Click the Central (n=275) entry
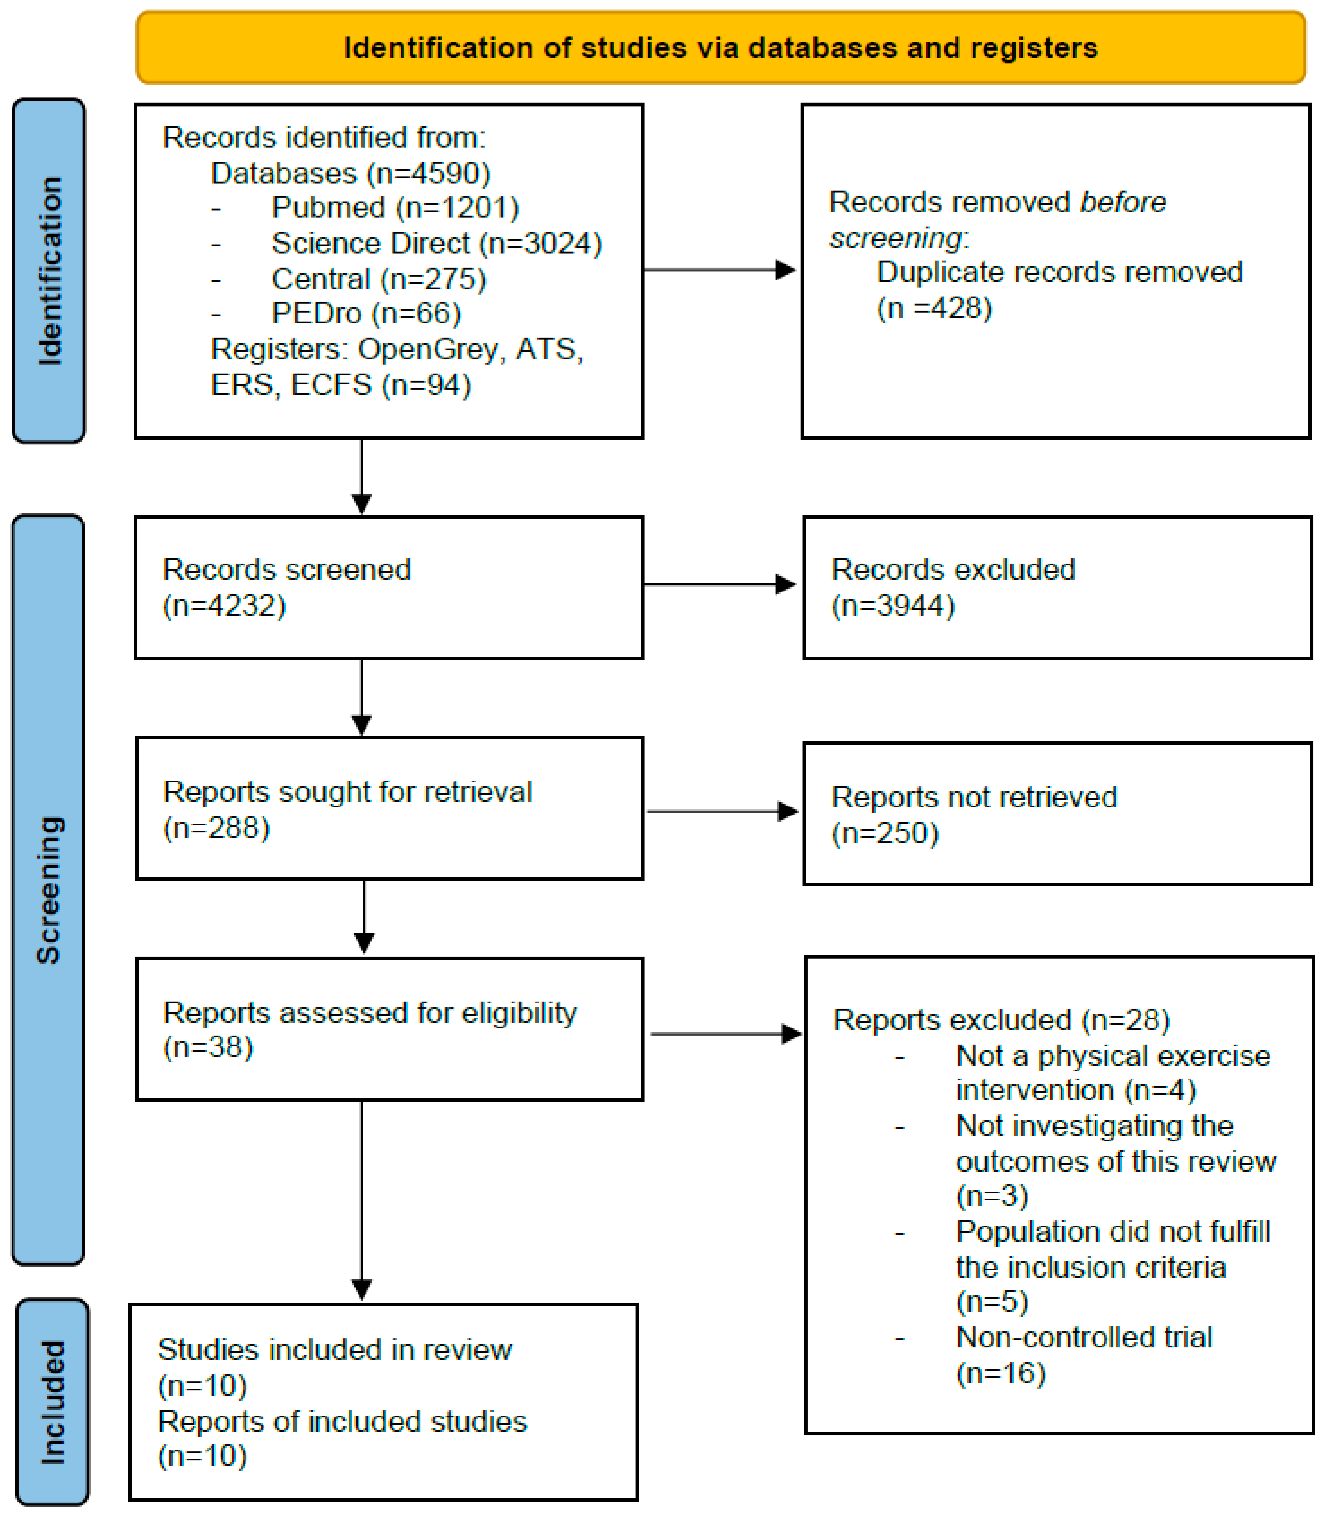[378, 279]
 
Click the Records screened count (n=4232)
[224, 605]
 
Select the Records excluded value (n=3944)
[893, 605]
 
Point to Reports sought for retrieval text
[347, 792]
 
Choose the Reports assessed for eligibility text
[369, 1013]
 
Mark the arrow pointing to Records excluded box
[719, 585]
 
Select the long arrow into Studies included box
[362, 1202]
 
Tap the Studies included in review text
[334, 1350]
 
